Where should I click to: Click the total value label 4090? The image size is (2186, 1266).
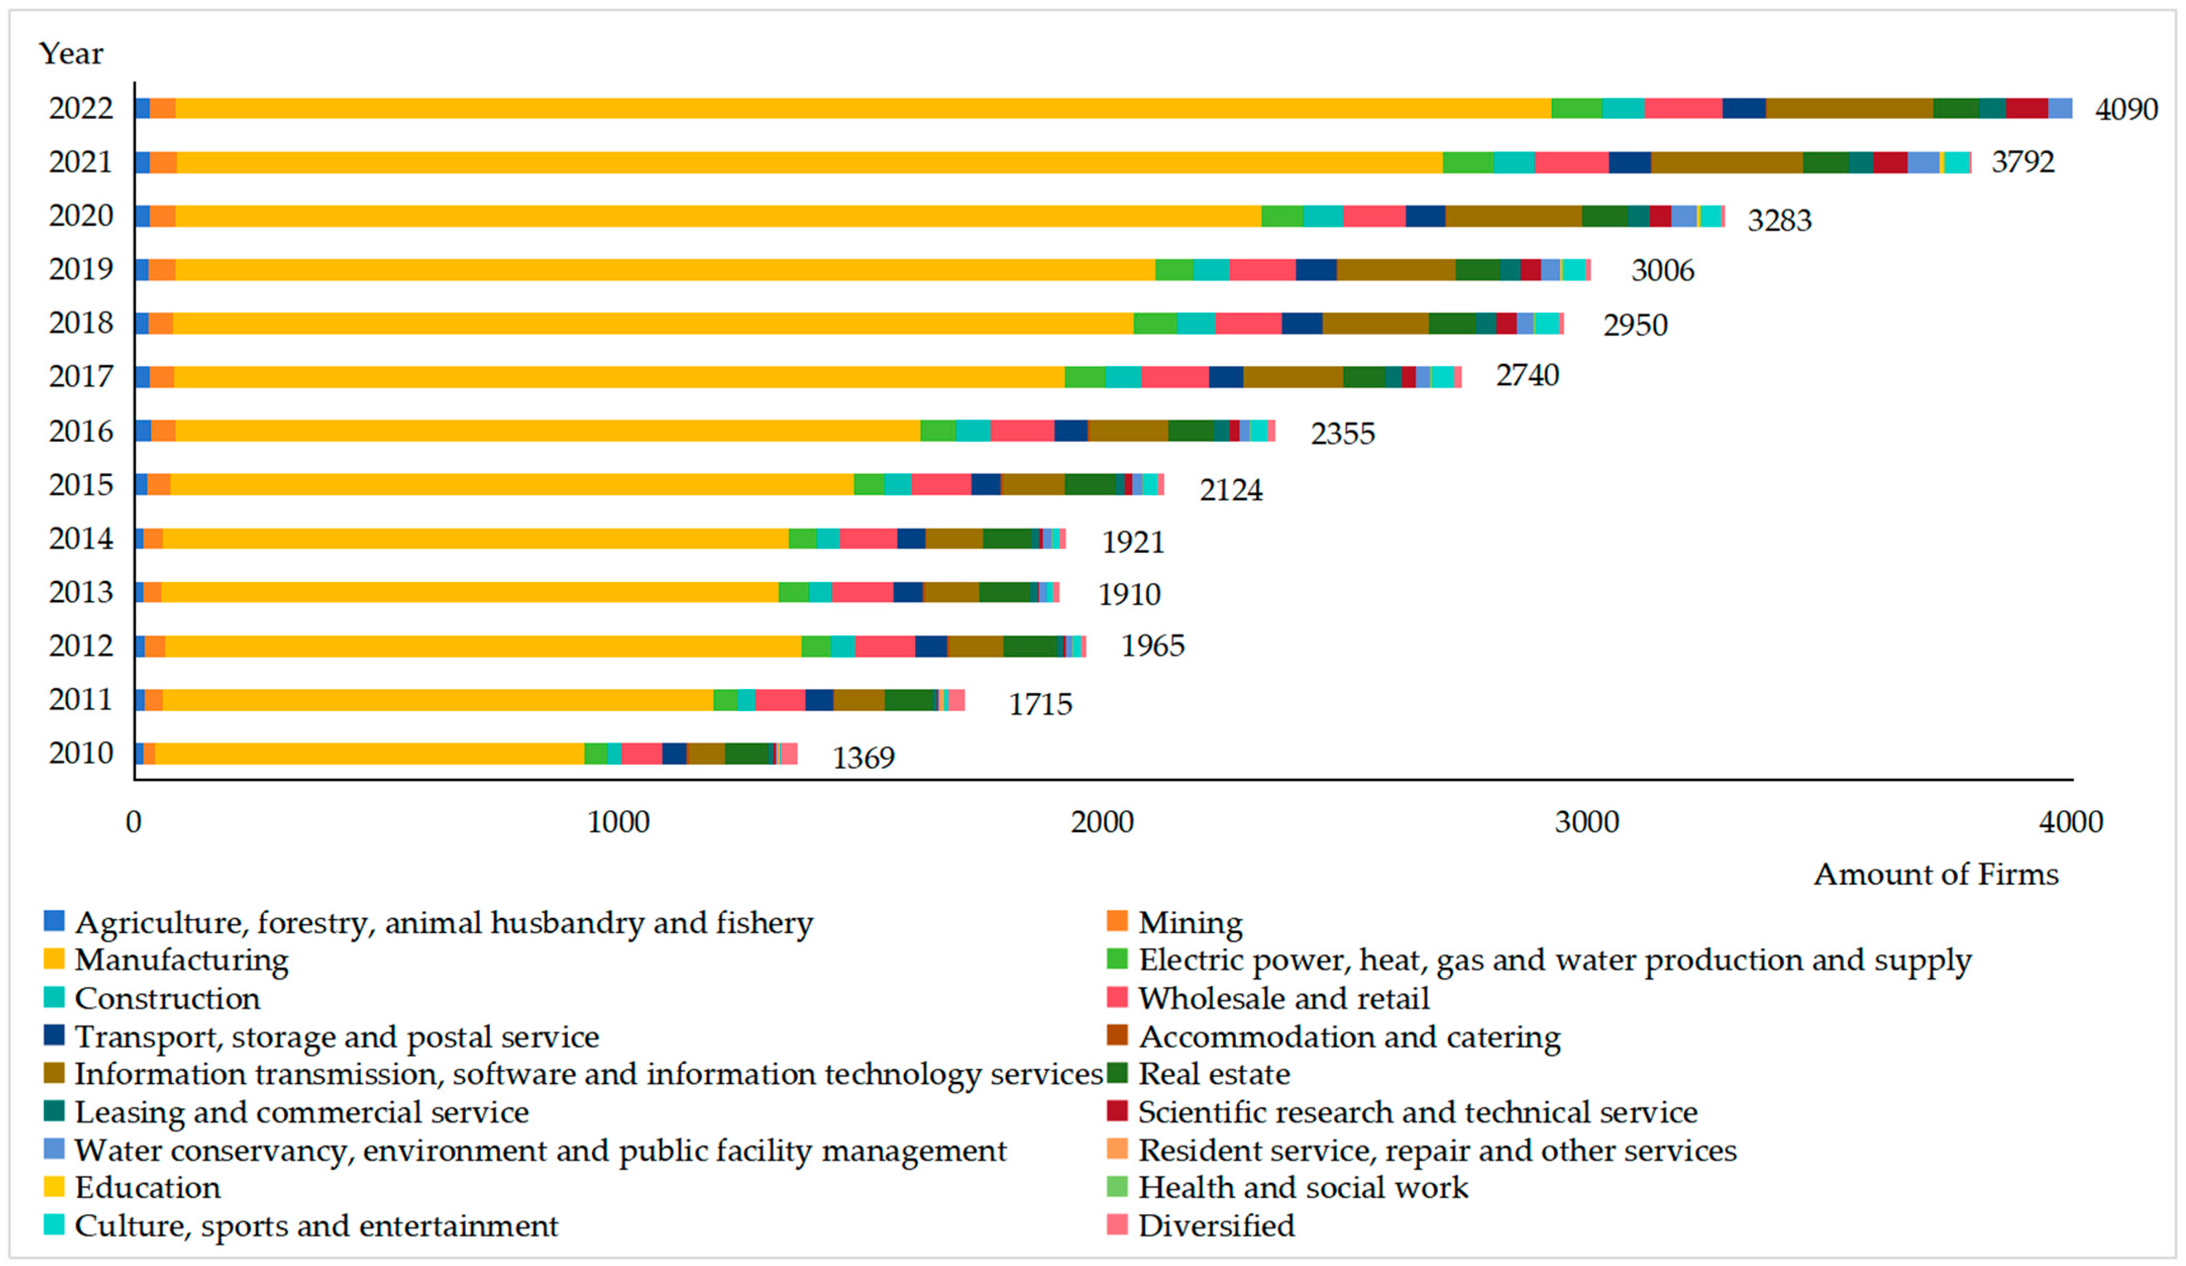point(2125,109)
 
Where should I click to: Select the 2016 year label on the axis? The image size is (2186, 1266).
point(81,431)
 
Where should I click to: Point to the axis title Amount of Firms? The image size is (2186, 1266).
point(1935,874)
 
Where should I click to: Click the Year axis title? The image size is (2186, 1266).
point(71,54)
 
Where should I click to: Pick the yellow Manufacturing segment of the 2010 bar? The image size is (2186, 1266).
point(368,754)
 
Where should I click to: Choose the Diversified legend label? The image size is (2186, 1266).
point(1215,1225)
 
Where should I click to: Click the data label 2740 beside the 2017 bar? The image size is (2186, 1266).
point(1527,375)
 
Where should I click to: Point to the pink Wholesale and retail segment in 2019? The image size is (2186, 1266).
point(1262,270)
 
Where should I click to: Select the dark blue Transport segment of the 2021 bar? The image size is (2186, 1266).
point(1629,162)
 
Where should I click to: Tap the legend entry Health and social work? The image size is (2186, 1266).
point(1302,1187)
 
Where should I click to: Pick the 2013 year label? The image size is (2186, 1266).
point(81,592)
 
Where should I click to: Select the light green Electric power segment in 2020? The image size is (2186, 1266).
point(1281,216)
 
